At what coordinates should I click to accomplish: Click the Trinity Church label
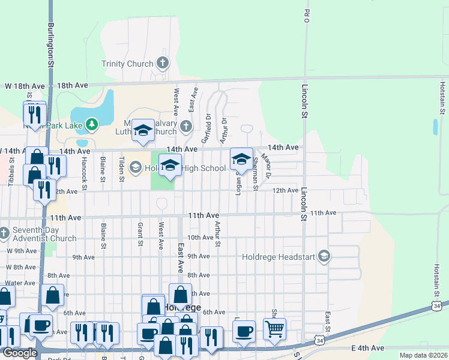(127, 63)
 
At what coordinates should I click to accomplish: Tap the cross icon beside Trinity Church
(162, 62)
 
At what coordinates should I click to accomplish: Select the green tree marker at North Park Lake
(91, 124)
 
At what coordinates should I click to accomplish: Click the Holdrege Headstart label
(279, 257)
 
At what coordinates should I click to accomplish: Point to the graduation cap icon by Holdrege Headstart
(324, 257)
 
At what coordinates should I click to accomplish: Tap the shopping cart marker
(274, 328)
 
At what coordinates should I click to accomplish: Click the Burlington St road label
(52, 44)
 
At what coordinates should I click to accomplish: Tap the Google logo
(19, 353)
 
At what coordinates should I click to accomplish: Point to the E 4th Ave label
(367, 348)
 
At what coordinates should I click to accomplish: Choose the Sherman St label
(255, 175)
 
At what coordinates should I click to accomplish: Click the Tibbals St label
(10, 172)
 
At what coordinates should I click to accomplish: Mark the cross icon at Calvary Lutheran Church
(186, 125)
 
